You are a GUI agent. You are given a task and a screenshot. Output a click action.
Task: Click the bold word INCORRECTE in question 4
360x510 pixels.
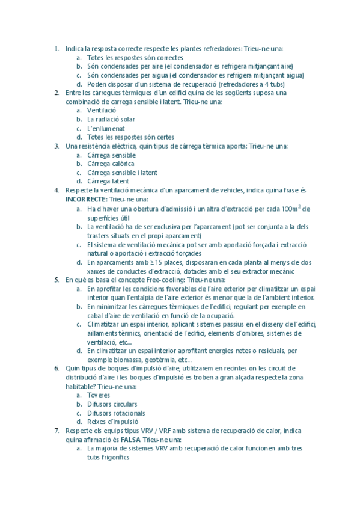click(x=85, y=200)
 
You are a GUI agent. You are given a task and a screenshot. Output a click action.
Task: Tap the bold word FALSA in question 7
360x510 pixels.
click(x=130, y=440)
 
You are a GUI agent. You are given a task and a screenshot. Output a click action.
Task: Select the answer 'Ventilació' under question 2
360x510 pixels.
click(x=102, y=111)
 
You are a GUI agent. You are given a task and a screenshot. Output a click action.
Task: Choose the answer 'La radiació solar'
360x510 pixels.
click(x=111, y=120)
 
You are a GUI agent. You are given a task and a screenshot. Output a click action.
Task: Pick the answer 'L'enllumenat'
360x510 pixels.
click(x=106, y=128)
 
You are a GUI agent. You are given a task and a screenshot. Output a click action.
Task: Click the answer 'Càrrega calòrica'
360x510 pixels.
click(x=111, y=164)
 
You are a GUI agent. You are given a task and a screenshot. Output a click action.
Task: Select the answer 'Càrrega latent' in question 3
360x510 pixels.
click(x=108, y=181)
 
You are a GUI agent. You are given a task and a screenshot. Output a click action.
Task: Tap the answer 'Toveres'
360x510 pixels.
click(x=99, y=396)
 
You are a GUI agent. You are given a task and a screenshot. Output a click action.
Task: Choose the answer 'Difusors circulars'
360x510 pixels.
click(x=112, y=404)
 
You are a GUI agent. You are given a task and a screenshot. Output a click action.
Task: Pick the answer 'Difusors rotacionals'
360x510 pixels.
click(x=115, y=413)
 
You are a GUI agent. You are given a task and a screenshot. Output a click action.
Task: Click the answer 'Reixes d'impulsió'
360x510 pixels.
click(x=112, y=422)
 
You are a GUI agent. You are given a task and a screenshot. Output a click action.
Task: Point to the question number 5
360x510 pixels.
click(x=56, y=280)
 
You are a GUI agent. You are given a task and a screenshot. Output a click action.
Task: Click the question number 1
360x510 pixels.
click(x=56, y=49)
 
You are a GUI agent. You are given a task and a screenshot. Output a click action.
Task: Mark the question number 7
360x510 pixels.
click(x=56, y=431)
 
